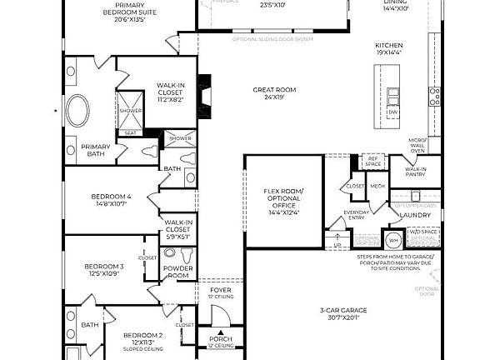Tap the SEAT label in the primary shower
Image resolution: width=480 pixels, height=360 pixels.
(x=130, y=131)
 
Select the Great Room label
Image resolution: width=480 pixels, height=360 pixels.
(x=274, y=89)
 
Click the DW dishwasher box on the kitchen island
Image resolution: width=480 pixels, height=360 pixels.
(x=393, y=111)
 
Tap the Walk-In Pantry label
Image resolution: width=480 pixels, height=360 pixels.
(x=416, y=172)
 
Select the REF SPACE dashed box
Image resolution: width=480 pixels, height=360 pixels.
(x=373, y=161)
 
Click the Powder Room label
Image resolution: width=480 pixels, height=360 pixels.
(x=177, y=272)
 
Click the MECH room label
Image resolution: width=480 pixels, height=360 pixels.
(x=377, y=187)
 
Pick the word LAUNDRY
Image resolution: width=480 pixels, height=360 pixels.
(x=416, y=215)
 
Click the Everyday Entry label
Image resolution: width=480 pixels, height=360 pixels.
(x=357, y=216)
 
